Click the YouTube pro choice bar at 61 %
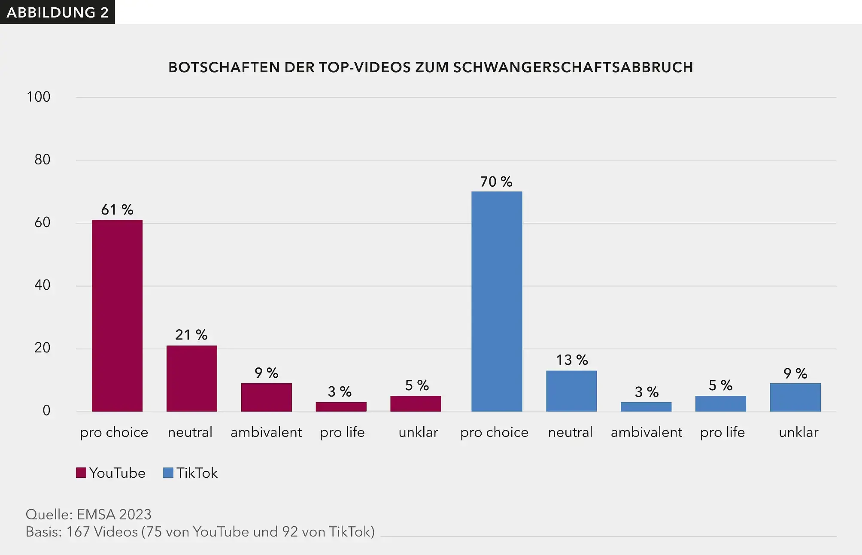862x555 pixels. [117, 315]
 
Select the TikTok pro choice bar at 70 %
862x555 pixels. [497, 301]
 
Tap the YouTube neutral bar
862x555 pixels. [192, 378]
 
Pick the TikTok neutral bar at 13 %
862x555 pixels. [571, 391]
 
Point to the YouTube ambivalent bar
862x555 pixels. [267, 397]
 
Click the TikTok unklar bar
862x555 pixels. [795, 397]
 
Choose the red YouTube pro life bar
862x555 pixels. [341, 406]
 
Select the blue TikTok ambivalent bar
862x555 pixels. [646, 406]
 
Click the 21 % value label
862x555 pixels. [191, 335]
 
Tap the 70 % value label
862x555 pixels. [496, 182]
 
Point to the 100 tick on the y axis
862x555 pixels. [39, 97]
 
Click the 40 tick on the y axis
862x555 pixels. [42, 285]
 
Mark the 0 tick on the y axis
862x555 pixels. [46, 410]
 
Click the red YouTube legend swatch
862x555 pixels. [81, 473]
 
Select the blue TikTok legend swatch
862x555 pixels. [168, 473]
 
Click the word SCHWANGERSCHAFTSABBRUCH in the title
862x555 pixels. [573, 67]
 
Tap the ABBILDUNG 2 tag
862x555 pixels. [58, 12]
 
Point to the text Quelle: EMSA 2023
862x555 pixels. [88, 514]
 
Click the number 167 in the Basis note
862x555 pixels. [78, 532]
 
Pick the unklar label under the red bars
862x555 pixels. [418, 432]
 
